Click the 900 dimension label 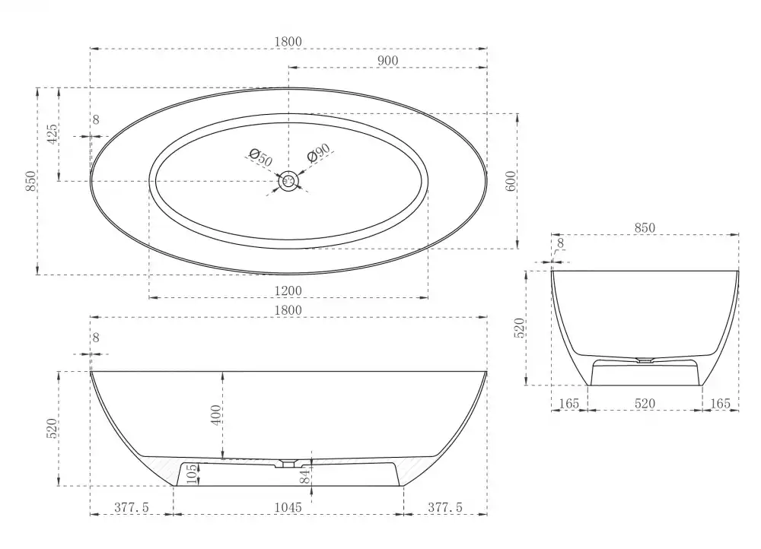[x=387, y=61]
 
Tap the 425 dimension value [x=52, y=135]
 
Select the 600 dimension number [x=511, y=181]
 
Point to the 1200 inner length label [x=288, y=290]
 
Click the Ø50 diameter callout [x=260, y=157]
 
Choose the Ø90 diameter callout [x=319, y=153]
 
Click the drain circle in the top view [x=288, y=182]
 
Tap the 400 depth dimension [x=216, y=414]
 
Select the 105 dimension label [x=193, y=474]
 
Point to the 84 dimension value [x=304, y=476]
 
